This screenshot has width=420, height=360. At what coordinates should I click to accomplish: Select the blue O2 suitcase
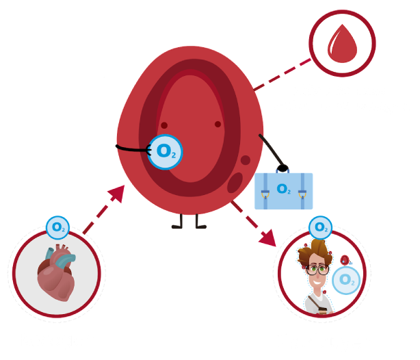click(283, 190)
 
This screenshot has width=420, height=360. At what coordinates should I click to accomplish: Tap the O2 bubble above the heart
click(57, 227)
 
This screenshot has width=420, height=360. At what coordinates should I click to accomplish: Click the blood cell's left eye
click(163, 124)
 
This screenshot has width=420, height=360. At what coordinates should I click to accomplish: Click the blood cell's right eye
click(218, 124)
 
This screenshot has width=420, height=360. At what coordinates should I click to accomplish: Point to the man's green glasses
click(317, 269)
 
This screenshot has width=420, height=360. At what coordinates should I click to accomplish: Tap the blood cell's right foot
click(199, 224)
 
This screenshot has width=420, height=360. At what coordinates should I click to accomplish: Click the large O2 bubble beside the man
click(347, 279)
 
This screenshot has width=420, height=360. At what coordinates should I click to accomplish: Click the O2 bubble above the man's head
click(319, 227)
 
